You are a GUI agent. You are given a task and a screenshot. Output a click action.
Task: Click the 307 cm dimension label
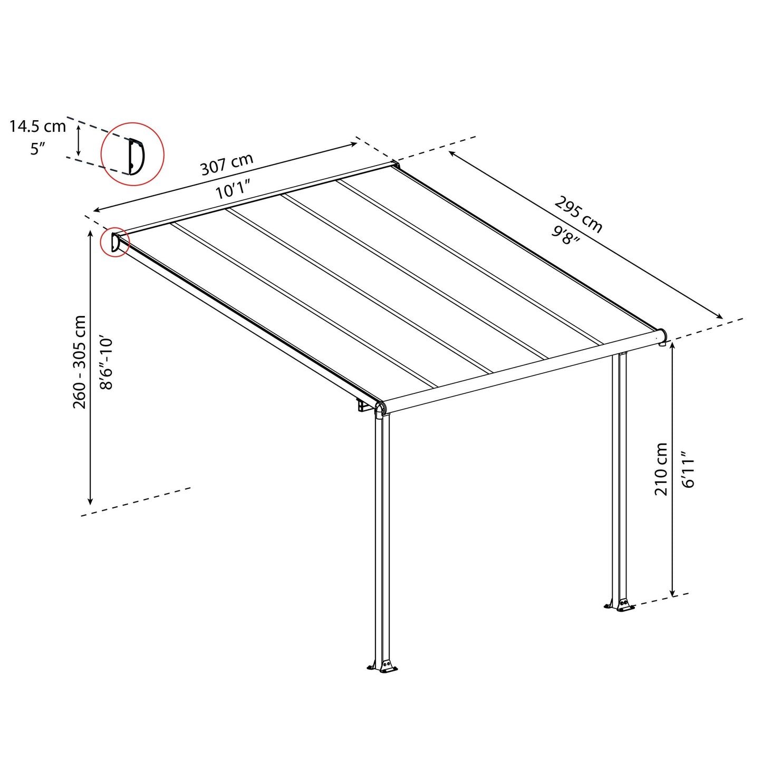pos(227,164)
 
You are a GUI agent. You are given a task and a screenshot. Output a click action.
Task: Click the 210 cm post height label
pos(661,469)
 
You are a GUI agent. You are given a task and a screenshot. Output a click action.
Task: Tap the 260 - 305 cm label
pos(80,362)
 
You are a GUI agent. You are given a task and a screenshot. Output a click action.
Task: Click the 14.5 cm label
pos(37,126)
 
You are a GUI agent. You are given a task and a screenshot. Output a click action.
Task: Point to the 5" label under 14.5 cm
pos(37,149)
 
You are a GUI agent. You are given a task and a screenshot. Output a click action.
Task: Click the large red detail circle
pos(132,154)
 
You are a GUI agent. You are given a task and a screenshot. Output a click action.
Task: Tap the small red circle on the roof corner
pos(115,243)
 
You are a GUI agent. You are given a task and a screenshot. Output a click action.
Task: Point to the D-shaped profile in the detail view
pos(136,156)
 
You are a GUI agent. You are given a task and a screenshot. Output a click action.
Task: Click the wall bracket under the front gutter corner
pos(363,406)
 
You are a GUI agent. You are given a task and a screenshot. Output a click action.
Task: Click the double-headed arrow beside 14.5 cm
pos(79,140)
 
